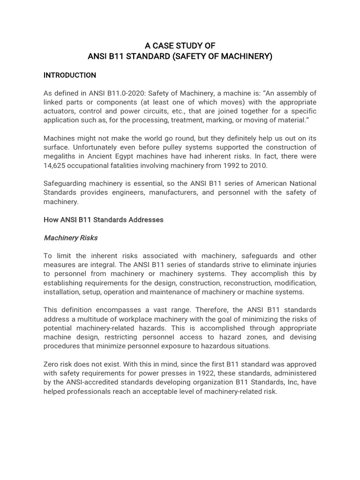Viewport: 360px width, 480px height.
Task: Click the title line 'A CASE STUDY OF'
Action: [180, 46]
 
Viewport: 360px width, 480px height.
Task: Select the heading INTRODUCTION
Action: [69, 75]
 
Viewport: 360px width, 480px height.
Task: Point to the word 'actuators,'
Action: [60, 111]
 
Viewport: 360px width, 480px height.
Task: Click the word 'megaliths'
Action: [59, 156]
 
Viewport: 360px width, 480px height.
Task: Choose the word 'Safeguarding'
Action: [65, 183]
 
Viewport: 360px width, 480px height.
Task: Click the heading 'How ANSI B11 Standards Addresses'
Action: [103, 220]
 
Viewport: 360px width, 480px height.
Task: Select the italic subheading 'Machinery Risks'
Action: [70, 238]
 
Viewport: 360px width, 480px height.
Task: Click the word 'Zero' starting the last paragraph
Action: [52, 364]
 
